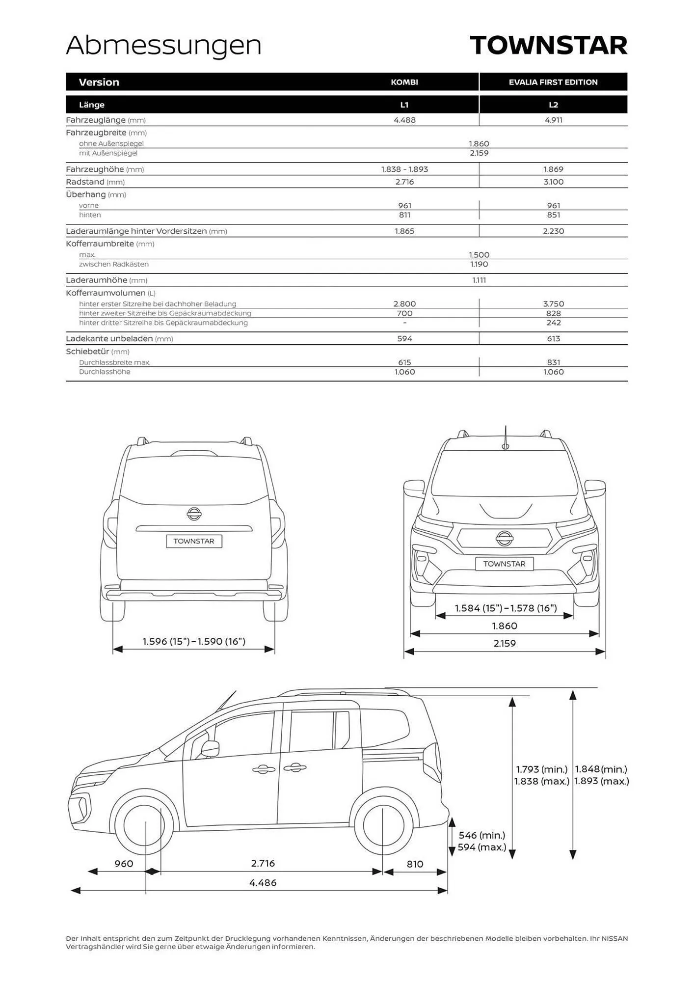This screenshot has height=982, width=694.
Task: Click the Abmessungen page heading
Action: coord(163,46)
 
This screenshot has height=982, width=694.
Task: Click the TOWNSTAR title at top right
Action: coord(548,46)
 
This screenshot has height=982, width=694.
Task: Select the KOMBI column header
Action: coord(404,82)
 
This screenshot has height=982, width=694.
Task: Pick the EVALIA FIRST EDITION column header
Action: coord(553,82)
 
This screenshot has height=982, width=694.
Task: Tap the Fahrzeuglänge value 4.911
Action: coord(553,120)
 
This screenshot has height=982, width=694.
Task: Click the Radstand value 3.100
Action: coord(553,182)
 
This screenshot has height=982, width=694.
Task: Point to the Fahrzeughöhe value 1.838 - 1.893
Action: coord(404,169)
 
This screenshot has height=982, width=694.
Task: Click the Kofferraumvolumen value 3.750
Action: coord(553,304)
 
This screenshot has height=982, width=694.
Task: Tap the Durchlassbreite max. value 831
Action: coord(553,362)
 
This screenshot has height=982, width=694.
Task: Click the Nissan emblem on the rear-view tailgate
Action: coord(194,514)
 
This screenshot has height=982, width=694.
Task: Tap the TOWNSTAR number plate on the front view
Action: coord(504,564)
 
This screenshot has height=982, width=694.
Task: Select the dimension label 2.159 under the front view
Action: coord(504,643)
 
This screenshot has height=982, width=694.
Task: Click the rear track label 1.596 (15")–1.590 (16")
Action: coord(194,641)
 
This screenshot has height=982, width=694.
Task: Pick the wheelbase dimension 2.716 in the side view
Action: coord(263,863)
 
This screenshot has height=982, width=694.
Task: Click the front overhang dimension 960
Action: coord(124,864)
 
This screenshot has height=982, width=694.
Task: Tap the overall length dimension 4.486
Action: coord(263,882)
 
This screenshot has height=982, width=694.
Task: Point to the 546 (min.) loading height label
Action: coord(481,835)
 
